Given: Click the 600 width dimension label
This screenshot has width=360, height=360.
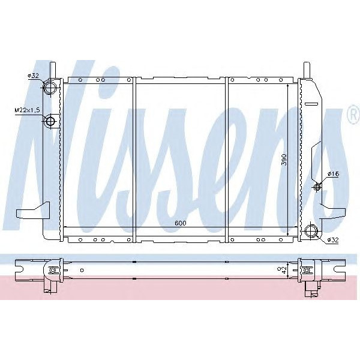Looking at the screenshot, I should click(180, 223).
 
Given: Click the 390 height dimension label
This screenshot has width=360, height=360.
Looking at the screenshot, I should click(284, 160).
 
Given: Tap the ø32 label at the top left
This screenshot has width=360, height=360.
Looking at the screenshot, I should click(33, 76).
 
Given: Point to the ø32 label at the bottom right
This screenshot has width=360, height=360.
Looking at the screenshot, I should click(334, 241).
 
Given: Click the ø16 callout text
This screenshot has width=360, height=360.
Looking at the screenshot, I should click(334, 174).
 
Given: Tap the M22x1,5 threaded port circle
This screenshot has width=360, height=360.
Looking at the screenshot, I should click(50, 122).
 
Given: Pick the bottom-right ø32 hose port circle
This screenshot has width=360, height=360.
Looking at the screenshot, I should click(311, 230).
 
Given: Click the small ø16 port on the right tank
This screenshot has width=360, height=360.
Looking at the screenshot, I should click(317, 187).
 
